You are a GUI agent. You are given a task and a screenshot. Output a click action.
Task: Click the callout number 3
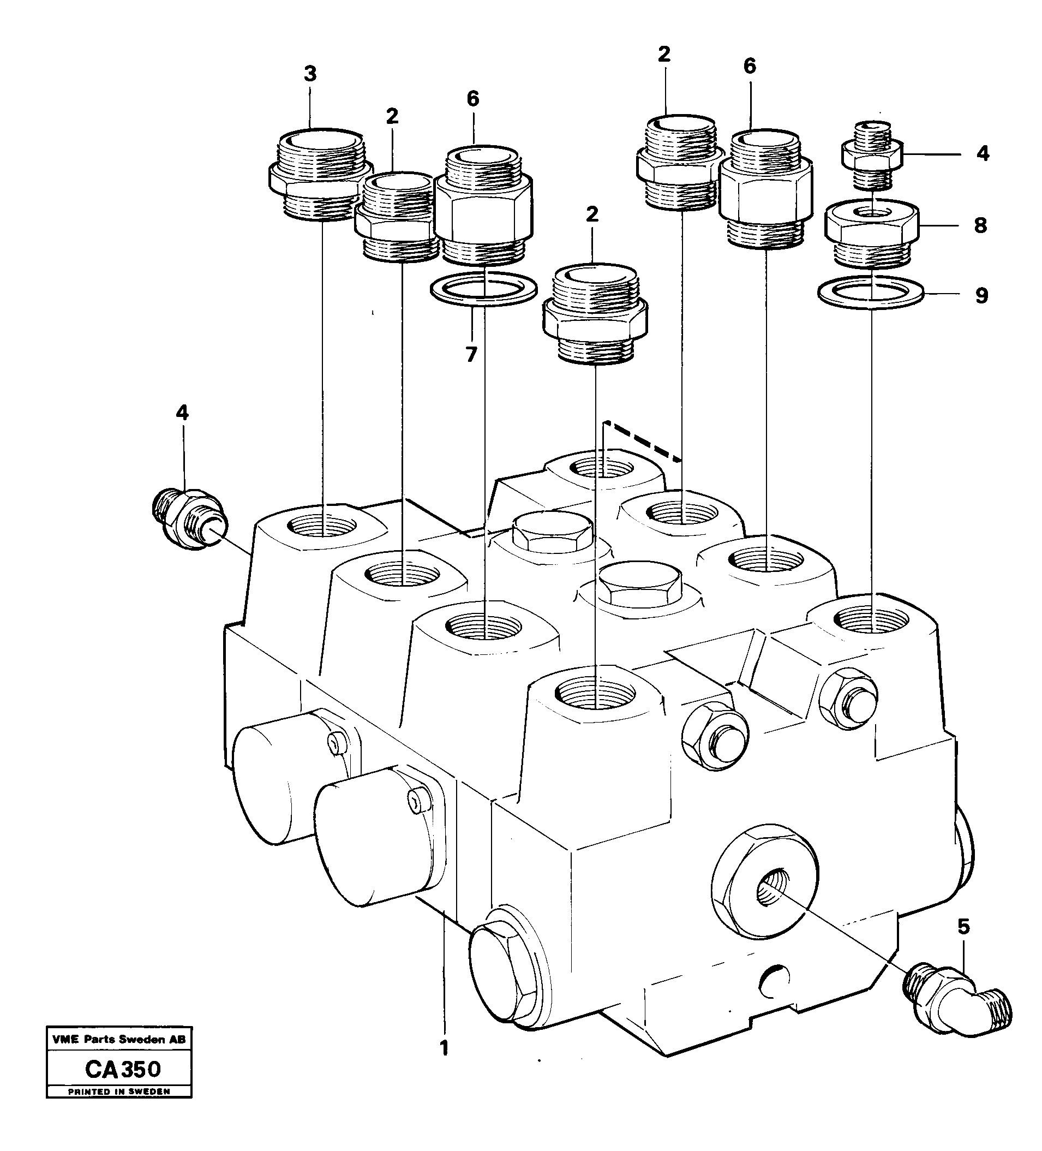pyautogui.click(x=310, y=74)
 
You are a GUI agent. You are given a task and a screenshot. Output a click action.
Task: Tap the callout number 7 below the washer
pyautogui.click(x=471, y=355)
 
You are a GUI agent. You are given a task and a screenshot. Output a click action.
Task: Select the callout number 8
pyautogui.click(x=980, y=225)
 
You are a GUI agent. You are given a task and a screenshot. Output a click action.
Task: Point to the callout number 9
pyautogui.click(x=981, y=296)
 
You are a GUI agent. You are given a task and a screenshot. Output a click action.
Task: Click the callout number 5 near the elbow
pyautogui.click(x=963, y=926)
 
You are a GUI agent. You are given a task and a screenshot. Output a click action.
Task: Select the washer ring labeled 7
pyautogui.click(x=483, y=289)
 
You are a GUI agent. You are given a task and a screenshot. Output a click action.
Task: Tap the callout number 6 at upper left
pyautogui.click(x=472, y=99)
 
